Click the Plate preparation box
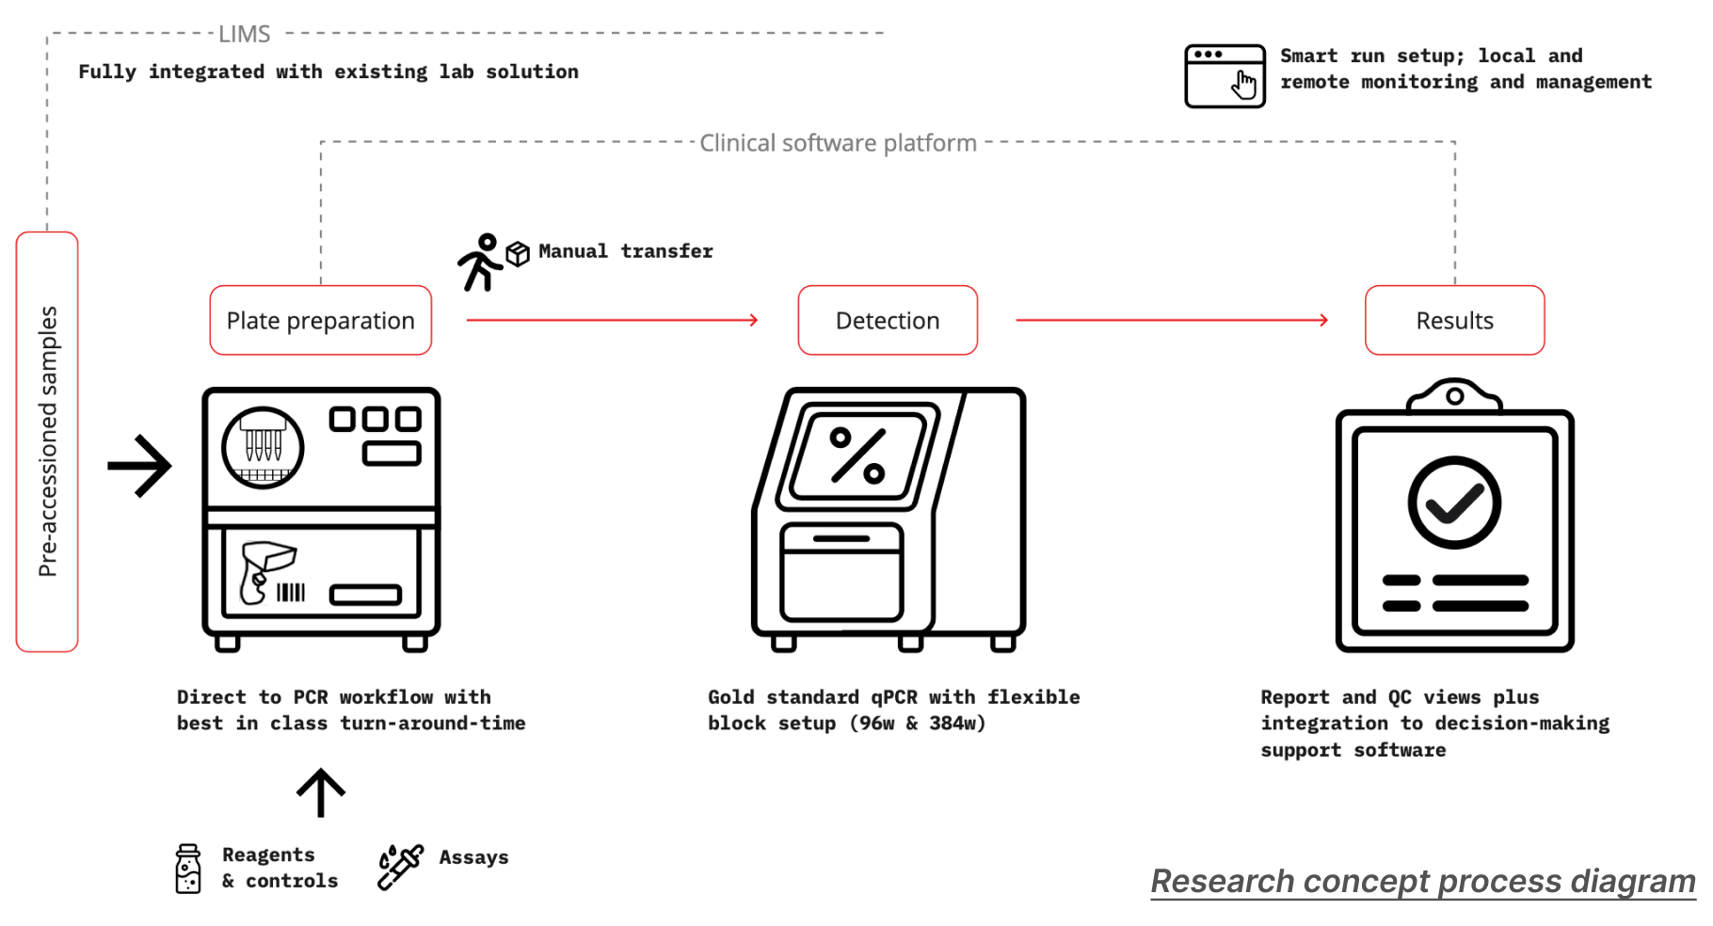320,320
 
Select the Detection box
888,320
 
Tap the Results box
1454,320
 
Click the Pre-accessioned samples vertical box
47,441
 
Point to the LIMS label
245,34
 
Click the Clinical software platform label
838,143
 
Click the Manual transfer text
626,251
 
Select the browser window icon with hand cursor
1225,76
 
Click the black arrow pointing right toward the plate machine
139,466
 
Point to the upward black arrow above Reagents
321,792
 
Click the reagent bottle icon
188,869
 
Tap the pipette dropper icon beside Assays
400,867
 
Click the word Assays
473,857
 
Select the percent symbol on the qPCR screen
857,455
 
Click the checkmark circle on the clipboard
1454,503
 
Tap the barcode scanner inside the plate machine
266,572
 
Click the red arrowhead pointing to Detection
753,320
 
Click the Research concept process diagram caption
1423,882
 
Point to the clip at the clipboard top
1454,395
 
